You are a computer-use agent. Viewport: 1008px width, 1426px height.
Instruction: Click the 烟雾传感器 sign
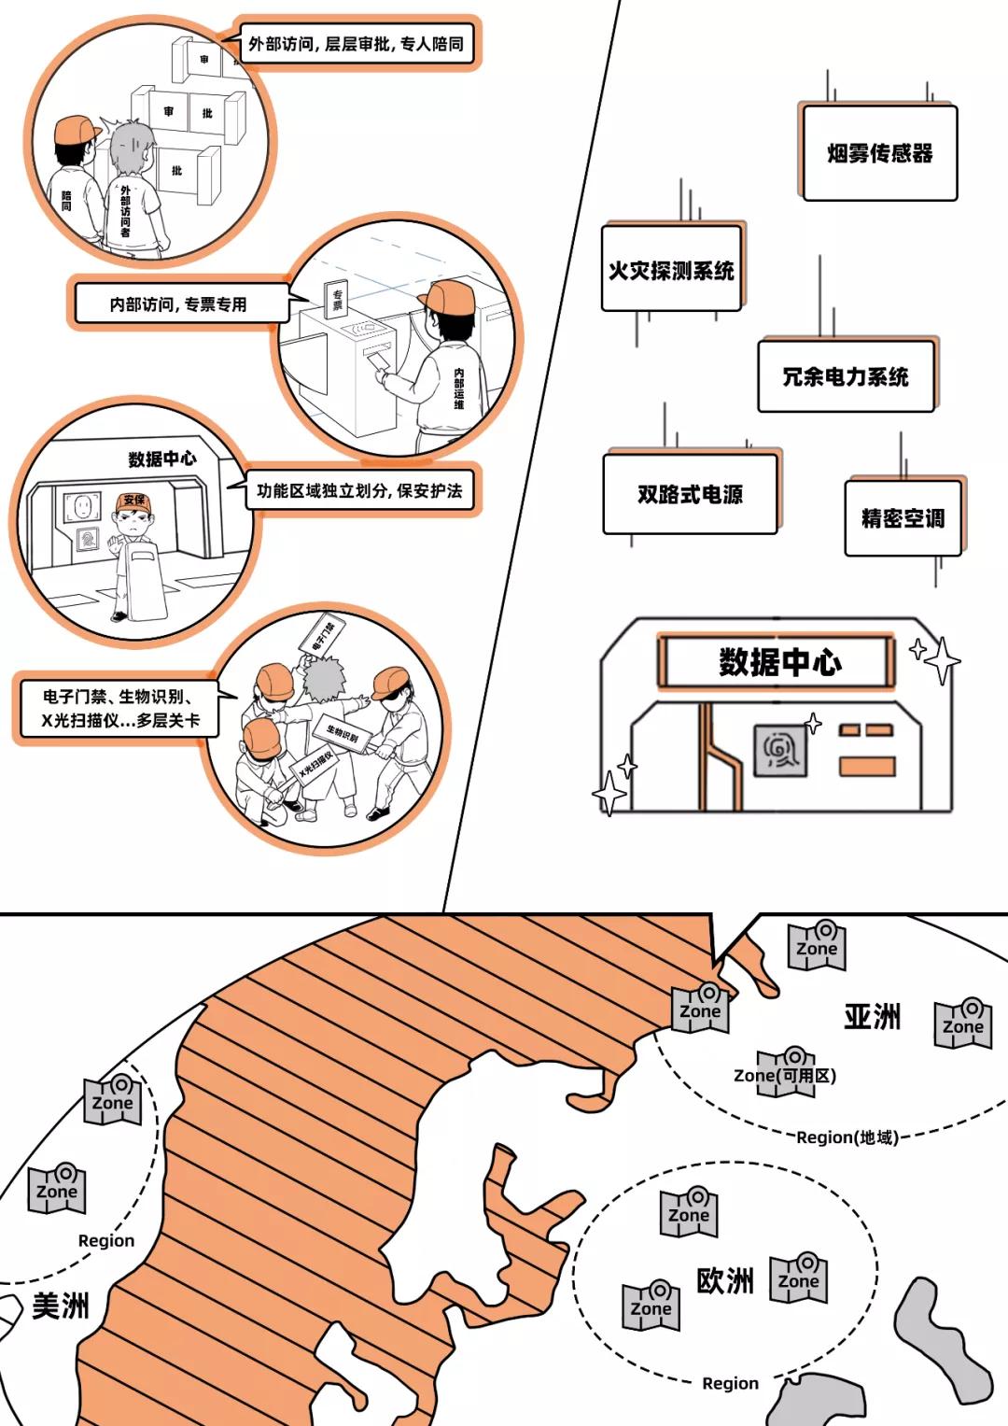coord(879,153)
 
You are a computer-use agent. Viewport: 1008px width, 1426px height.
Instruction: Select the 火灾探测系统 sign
coord(671,269)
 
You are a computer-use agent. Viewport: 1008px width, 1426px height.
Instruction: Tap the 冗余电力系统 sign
coord(845,376)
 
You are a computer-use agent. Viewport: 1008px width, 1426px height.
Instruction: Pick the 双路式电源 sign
coord(690,494)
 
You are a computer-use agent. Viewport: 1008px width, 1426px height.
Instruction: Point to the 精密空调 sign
coord(903,518)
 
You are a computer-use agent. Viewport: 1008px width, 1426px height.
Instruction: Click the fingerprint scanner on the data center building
coord(779,750)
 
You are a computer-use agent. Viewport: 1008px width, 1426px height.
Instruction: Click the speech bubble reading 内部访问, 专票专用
coord(178,304)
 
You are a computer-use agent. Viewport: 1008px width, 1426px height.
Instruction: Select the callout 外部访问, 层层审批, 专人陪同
coord(356,44)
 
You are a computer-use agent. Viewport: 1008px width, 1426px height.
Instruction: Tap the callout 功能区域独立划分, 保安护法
coord(359,490)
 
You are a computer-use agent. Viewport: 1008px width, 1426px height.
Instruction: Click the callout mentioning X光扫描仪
coord(119,708)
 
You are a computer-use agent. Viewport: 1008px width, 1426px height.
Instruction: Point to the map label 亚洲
coord(872,1017)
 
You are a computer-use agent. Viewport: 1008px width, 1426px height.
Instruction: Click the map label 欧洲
coord(724,1280)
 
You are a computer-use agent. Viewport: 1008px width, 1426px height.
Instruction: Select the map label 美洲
coord(61,1306)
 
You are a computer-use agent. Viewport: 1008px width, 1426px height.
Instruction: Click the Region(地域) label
coord(847,1137)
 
